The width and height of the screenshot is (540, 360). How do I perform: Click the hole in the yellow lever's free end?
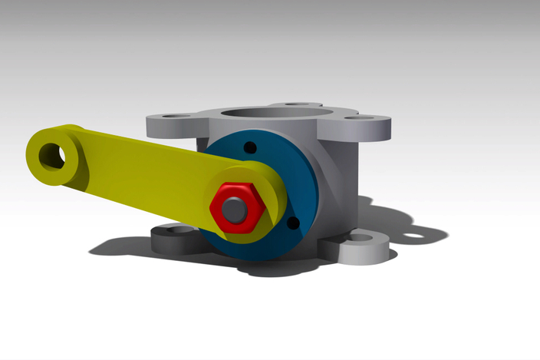click(x=54, y=154)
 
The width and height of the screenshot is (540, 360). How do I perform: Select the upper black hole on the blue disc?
click(x=249, y=147)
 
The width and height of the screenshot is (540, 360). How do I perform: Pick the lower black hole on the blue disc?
click(x=291, y=223)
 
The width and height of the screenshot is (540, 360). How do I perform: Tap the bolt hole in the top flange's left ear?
click(x=176, y=117)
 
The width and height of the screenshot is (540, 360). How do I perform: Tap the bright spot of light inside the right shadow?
click(x=415, y=236)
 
